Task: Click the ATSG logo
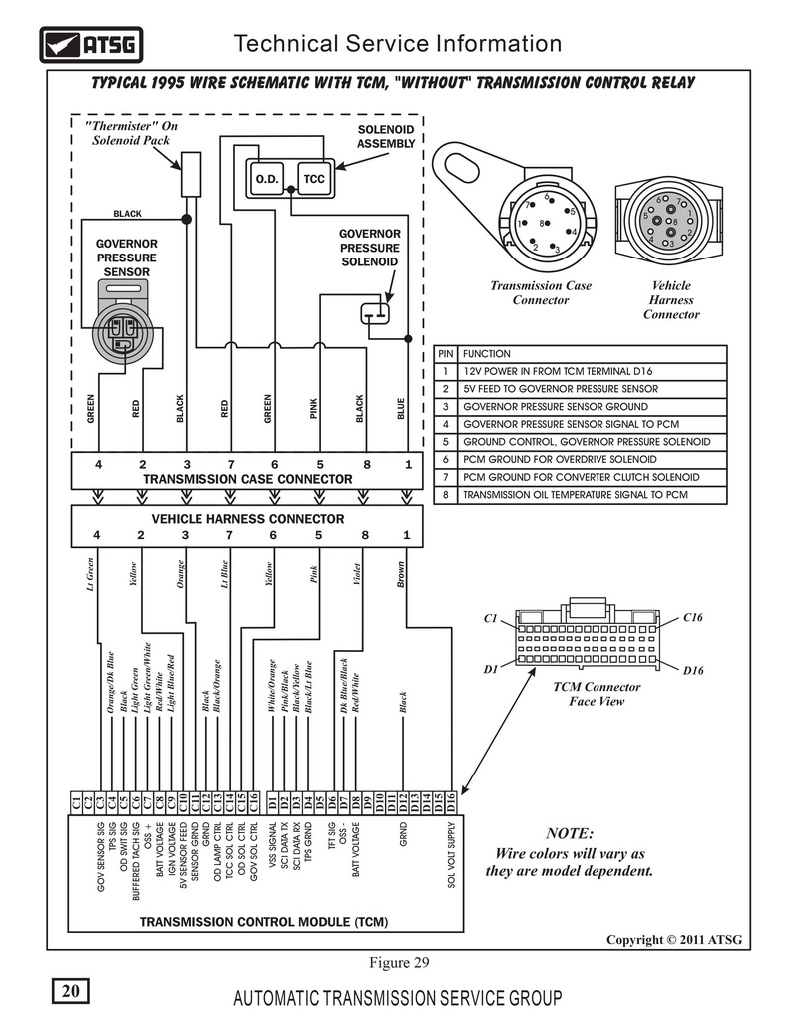click(91, 45)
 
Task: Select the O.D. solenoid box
click(266, 179)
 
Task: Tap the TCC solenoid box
click(314, 179)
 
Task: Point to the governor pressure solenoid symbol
click(375, 313)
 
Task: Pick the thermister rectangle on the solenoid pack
click(191, 174)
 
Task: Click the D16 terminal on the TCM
click(451, 802)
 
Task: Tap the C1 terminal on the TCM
click(76, 802)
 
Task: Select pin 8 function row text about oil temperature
click(576, 495)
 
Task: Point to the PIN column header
click(445, 353)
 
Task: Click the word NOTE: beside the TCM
click(569, 833)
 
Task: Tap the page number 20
click(70, 991)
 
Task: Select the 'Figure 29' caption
click(399, 962)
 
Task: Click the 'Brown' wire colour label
click(401, 575)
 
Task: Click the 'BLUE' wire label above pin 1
click(401, 409)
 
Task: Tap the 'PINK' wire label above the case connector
click(313, 409)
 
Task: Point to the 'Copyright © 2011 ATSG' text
click(674, 940)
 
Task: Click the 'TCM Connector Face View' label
click(597, 694)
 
